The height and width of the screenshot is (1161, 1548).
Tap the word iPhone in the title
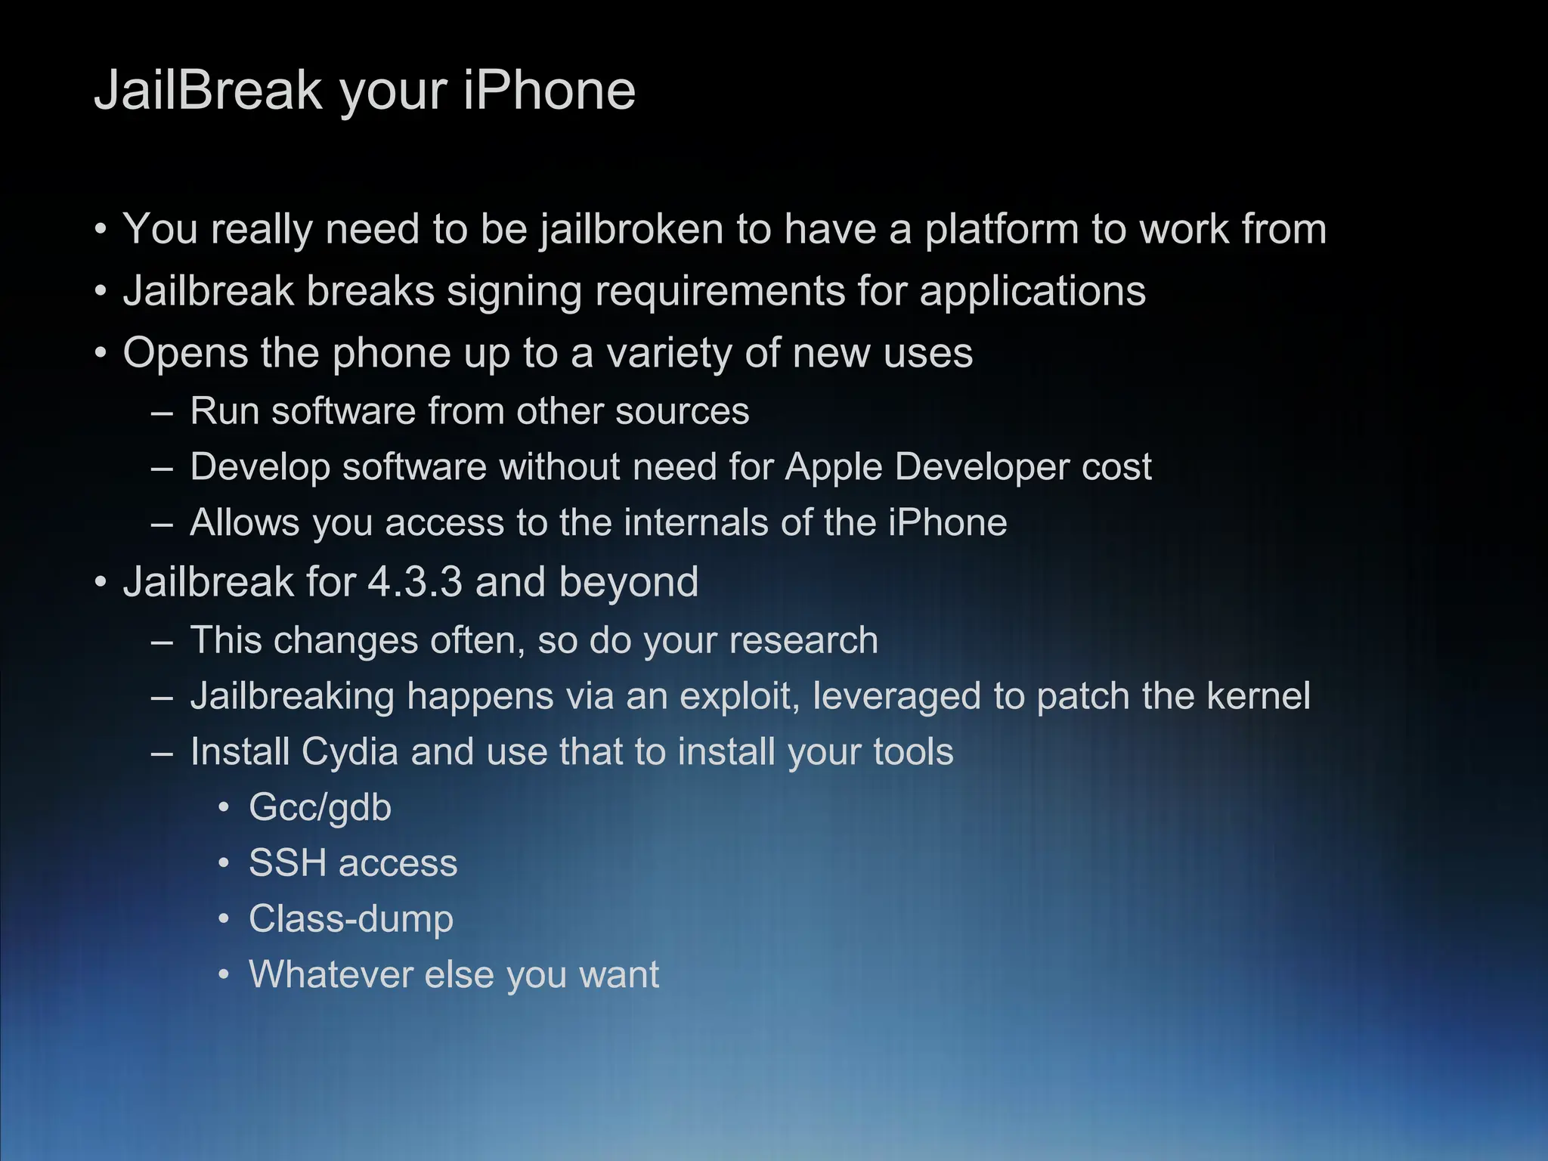pos(549,91)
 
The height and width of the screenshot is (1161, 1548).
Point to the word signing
pos(514,292)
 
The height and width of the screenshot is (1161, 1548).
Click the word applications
pos(1032,292)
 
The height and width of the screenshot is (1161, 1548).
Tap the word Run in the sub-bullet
pos(224,412)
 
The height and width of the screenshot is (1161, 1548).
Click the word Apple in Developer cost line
pos(833,467)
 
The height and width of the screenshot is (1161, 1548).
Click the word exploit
pos(739,697)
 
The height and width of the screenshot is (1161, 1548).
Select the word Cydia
pos(349,753)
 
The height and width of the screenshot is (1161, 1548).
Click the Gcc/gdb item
pos(320,808)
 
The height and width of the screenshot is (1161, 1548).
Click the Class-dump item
pos(351,920)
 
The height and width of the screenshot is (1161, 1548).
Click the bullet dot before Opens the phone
pos(101,354)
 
